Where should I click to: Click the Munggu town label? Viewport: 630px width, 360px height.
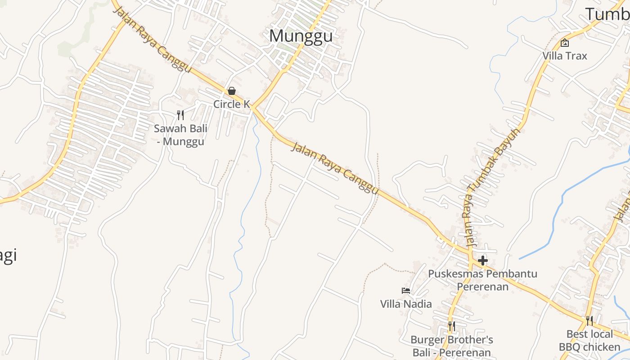click(301, 36)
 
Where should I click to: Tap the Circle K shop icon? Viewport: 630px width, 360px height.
click(232, 91)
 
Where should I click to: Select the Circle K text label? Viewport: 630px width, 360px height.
click(231, 104)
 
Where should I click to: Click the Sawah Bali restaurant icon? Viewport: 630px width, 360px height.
click(180, 115)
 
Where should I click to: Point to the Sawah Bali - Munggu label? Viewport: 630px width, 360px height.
click(180, 135)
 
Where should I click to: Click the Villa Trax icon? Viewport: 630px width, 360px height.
click(564, 43)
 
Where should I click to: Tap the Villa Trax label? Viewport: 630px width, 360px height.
click(564, 56)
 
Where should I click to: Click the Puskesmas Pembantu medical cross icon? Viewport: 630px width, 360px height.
click(483, 260)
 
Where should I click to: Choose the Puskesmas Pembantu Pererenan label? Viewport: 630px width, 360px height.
click(482, 280)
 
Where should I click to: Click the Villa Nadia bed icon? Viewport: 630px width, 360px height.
click(406, 291)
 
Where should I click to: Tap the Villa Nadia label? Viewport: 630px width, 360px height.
click(406, 304)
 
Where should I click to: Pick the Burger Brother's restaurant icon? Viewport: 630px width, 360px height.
click(452, 326)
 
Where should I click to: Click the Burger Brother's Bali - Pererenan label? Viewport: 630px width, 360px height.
click(452, 346)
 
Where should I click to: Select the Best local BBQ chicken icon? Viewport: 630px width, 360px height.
click(589, 321)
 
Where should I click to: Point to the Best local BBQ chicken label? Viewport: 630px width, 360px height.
click(589, 340)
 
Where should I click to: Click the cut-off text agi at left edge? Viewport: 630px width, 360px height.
click(8, 256)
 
